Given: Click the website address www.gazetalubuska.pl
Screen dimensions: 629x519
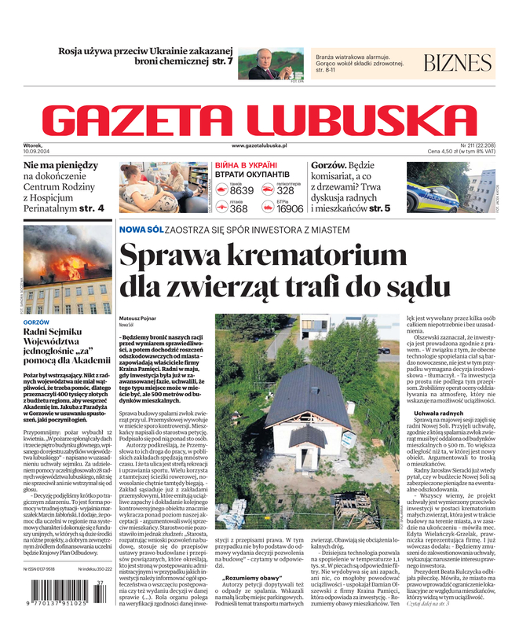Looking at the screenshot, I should [x=259, y=146].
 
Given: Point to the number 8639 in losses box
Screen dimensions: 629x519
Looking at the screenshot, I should [x=242, y=190].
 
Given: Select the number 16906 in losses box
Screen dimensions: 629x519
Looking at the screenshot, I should [x=290, y=209].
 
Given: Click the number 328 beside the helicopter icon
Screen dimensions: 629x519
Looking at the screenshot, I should [x=286, y=190].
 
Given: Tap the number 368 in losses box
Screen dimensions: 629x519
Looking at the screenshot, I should [x=239, y=209].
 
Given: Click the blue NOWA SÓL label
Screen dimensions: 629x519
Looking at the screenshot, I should [x=141, y=229].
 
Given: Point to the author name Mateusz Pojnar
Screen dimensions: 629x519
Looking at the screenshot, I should [x=138, y=318].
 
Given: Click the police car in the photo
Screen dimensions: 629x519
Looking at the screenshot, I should [x=431, y=196].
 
